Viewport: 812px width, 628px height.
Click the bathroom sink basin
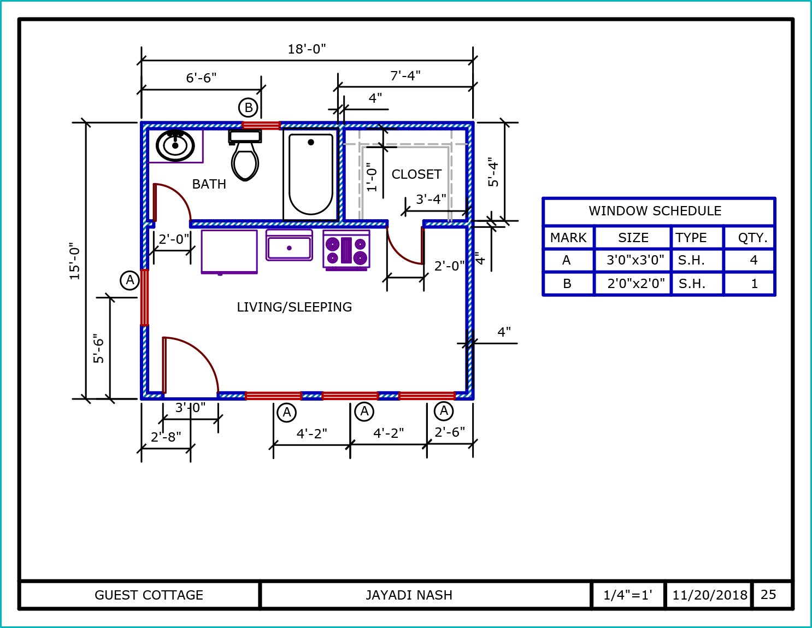click(x=175, y=145)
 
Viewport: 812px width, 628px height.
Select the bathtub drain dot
click(x=310, y=142)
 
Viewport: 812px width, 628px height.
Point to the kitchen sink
click(x=289, y=245)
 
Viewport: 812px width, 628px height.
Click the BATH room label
click(x=209, y=184)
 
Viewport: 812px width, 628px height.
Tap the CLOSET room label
click(x=416, y=174)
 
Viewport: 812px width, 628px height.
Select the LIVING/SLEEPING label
click(x=294, y=307)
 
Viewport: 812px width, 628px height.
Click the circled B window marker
click(x=248, y=108)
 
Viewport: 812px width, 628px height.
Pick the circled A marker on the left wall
click(x=130, y=280)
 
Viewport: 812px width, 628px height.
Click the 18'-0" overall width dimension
click(x=307, y=49)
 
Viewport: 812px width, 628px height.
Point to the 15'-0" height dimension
click(x=75, y=261)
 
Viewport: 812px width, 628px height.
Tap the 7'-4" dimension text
click(x=405, y=76)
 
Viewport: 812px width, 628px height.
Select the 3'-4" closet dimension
click(x=431, y=199)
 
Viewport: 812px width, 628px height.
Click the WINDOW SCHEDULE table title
click(x=655, y=211)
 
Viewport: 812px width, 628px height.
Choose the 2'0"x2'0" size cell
click(x=636, y=284)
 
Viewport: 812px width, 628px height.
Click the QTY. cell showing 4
click(x=754, y=260)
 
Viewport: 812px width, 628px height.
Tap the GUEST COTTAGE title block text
click(x=149, y=595)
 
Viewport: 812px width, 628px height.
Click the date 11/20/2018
click(x=710, y=595)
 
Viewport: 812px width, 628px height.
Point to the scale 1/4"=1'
click(x=627, y=595)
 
